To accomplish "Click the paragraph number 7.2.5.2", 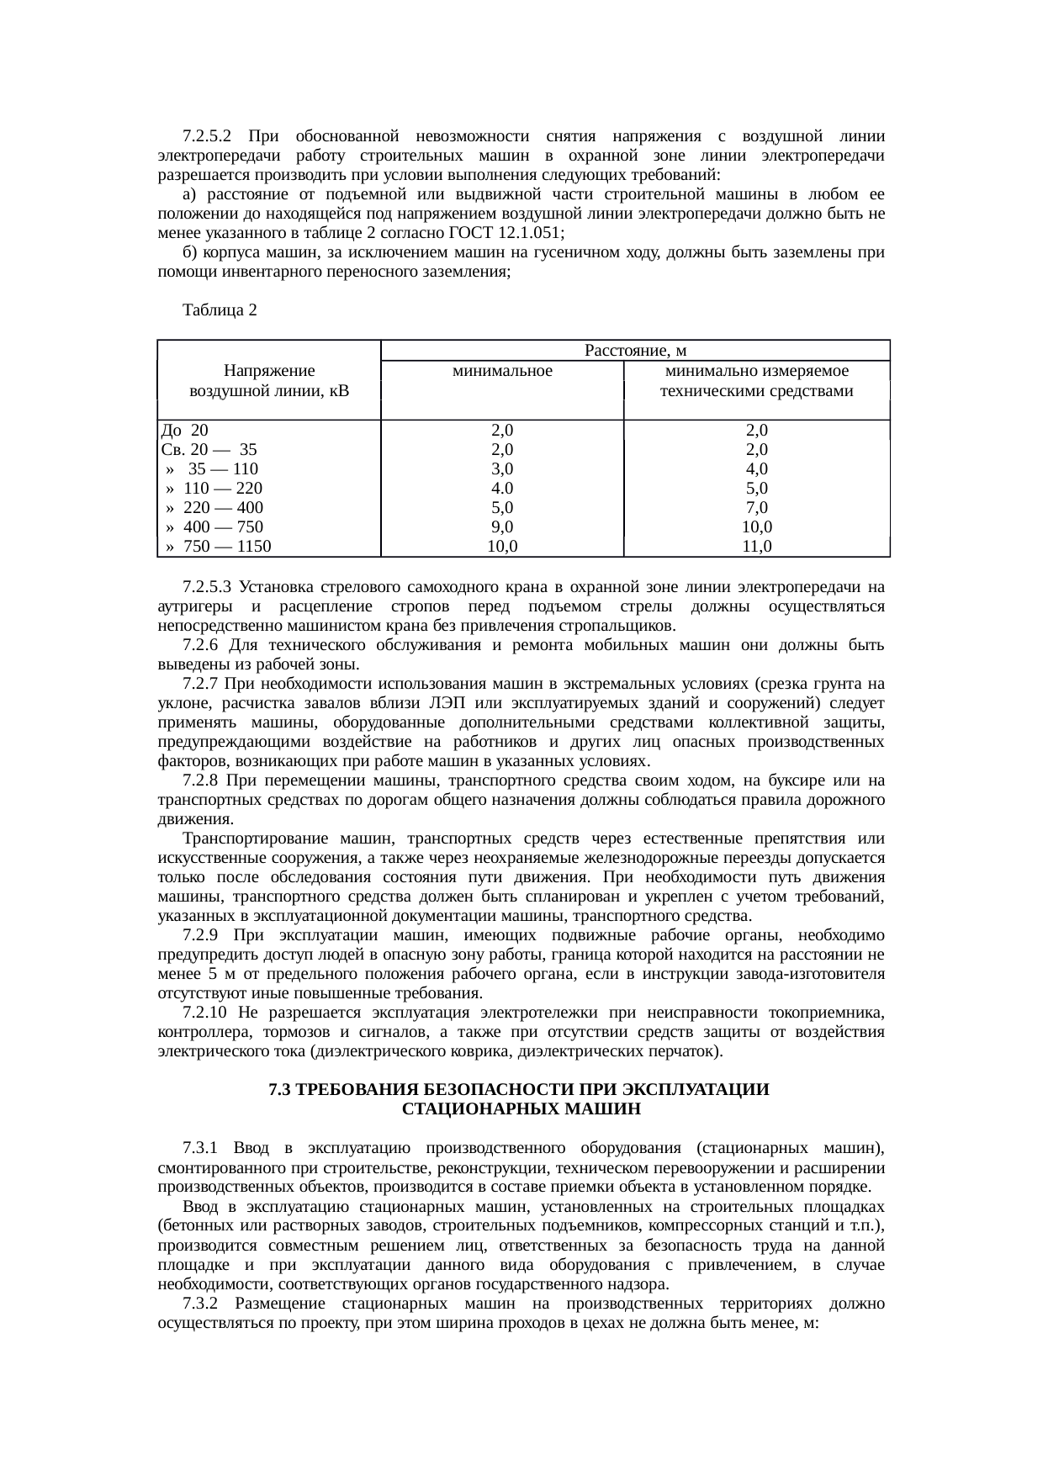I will [x=206, y=136].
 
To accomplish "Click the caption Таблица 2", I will [x=219, y=310].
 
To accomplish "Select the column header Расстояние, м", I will [x=635, y=351].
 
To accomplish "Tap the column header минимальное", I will [x=502, y=371].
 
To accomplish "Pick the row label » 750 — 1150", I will [x=219, y=547].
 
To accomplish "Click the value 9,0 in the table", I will [x=502, y=527].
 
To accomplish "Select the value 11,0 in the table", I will [x=756, y=547].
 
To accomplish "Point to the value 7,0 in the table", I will [x=756, y=508].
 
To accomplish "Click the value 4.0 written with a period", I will [x=502, y=489].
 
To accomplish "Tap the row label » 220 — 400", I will [x=214, y=508].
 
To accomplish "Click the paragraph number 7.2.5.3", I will [x=206, y=586].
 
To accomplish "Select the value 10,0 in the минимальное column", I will [x=502, y=547].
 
